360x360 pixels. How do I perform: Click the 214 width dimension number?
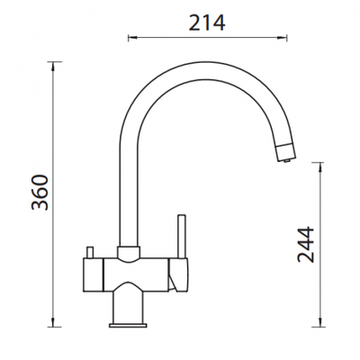tap(208, 22)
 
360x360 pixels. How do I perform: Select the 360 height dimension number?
tap(40, 193)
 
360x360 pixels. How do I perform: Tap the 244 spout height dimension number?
tap(306, 246)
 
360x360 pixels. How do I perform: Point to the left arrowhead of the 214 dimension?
tap(132, 38)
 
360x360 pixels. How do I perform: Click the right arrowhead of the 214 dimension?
tap(283, 38)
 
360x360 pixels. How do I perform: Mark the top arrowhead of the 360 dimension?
tap(53, 66)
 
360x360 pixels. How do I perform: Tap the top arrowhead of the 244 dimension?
tap(321, 166)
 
